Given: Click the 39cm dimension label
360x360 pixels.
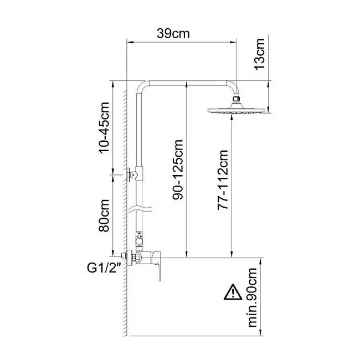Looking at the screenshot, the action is (173, 34).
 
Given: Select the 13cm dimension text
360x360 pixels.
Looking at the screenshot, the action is (259, 54).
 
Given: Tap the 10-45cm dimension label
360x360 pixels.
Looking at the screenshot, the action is (104, 127).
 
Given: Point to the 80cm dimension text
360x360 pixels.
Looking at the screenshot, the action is (104, 215).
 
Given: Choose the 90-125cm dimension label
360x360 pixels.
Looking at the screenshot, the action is (178, 169).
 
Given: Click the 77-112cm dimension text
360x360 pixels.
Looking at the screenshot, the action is (223, 180).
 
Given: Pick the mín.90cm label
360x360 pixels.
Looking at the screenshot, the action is (253, 297).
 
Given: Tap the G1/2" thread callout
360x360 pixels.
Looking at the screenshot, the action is (104, 268).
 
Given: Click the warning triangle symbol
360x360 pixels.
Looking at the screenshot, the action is (233, 292).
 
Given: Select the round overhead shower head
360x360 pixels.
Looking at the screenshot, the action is (236, 110).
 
